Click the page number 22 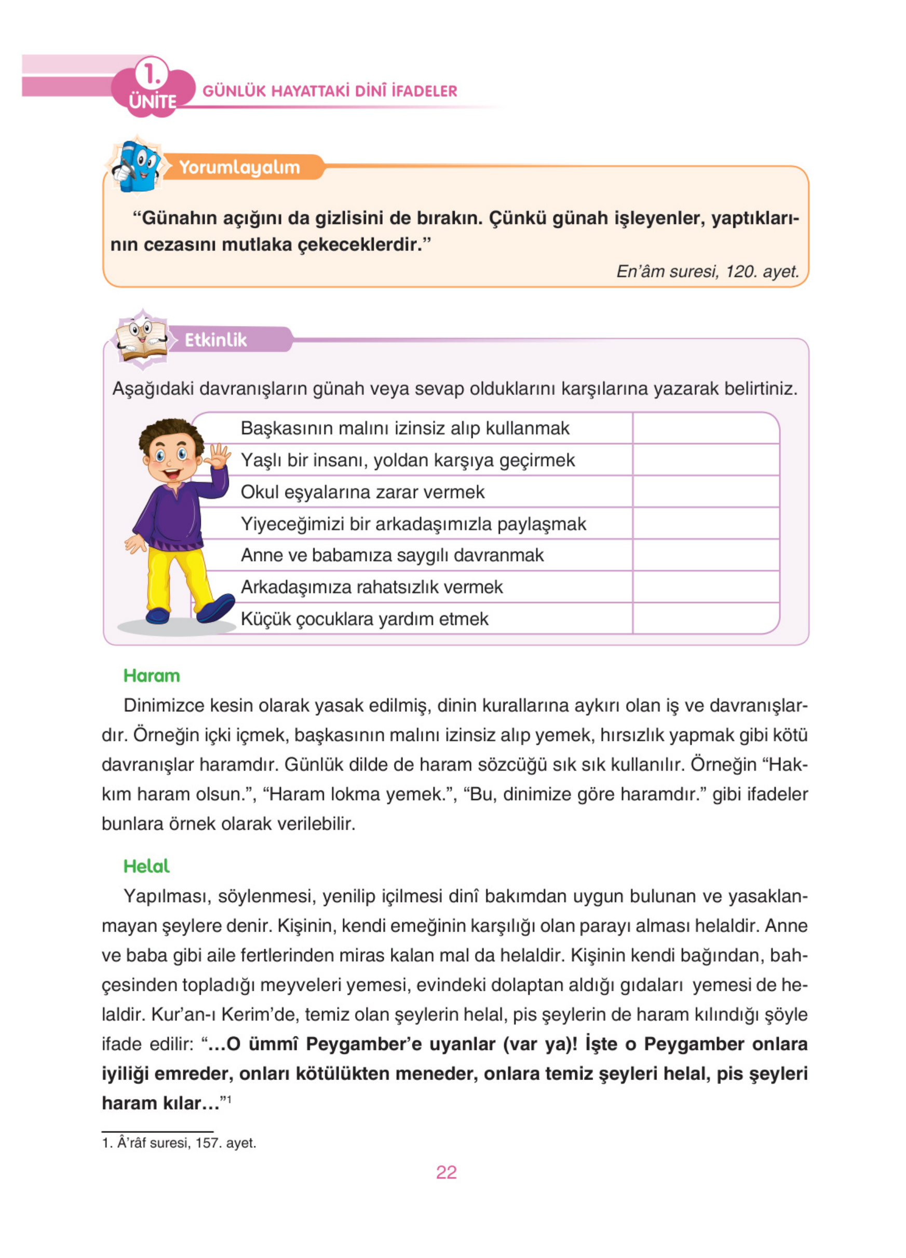(x=446, y=1172)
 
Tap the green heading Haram (x=152, y=676)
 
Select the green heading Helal (x=146, y=866)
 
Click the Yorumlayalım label (x=239, y=167)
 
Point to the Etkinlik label (x=215, y=339)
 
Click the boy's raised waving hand (x=218, y=457)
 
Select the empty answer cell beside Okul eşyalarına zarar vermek (x=705, y=491)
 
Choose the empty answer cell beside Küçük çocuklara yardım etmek (x=705, y=618)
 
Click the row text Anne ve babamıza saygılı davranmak (x=392, y=555)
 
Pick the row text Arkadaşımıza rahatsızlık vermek (x=372, y=587)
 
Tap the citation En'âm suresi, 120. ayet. (x=707, y=271)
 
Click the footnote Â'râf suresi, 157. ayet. (x=179, y=1143)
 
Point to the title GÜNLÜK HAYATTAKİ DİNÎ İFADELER (x=330, y=91)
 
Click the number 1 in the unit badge (x=151, y=74)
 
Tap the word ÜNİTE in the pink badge (x=153, y=102)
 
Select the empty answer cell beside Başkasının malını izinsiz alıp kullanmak (x=705, y=428)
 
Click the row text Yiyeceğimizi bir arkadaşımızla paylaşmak (x=413, y=524)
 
